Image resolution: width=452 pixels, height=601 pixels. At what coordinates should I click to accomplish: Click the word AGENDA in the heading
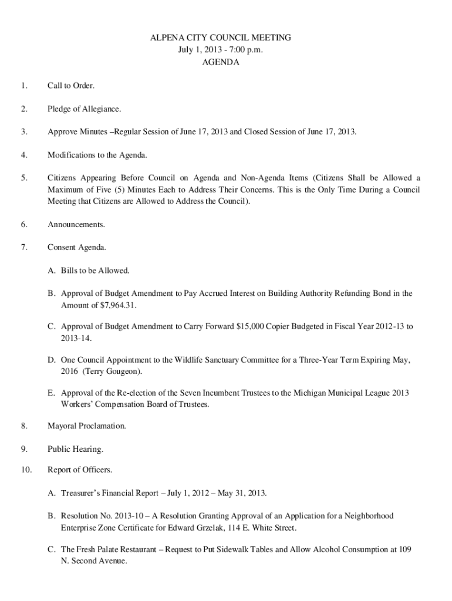pyautogui.click(x=221, y=62)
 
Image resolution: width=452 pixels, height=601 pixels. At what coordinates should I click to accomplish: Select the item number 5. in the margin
pyautogui.click(x=23, y=177)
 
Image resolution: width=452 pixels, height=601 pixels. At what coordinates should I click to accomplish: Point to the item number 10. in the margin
pyautogui.click(x=25, y=470)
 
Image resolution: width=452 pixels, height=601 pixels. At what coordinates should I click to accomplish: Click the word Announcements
pyautogui.click(x=76, y=224)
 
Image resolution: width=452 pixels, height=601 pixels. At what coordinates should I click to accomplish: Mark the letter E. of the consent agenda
pyautogui.click(x=53, y=393)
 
